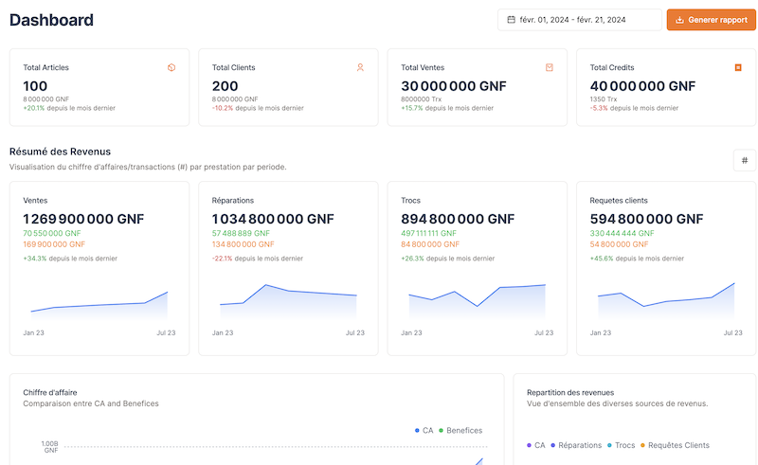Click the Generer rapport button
pos(711,20)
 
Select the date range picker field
pos(579,20)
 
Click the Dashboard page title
pos(51,20)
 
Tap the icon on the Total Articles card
pos(171,67)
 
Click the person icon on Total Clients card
pos(360,67)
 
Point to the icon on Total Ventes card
pos(550,67)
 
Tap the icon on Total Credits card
pos(738,67)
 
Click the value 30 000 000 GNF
pos(454,86)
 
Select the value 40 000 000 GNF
pos(642,86)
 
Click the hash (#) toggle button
pos(744,160)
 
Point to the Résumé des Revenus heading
pos(60,152)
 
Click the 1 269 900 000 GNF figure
pos(83,219)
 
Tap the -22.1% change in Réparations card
pos(222,259)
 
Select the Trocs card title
pos(410,200)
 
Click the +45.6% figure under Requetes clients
pos(601,259)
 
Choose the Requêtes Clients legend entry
pos(677,445)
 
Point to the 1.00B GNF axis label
pos(50,446)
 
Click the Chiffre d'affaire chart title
pos(50,392)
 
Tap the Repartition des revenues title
pos(570,392)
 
